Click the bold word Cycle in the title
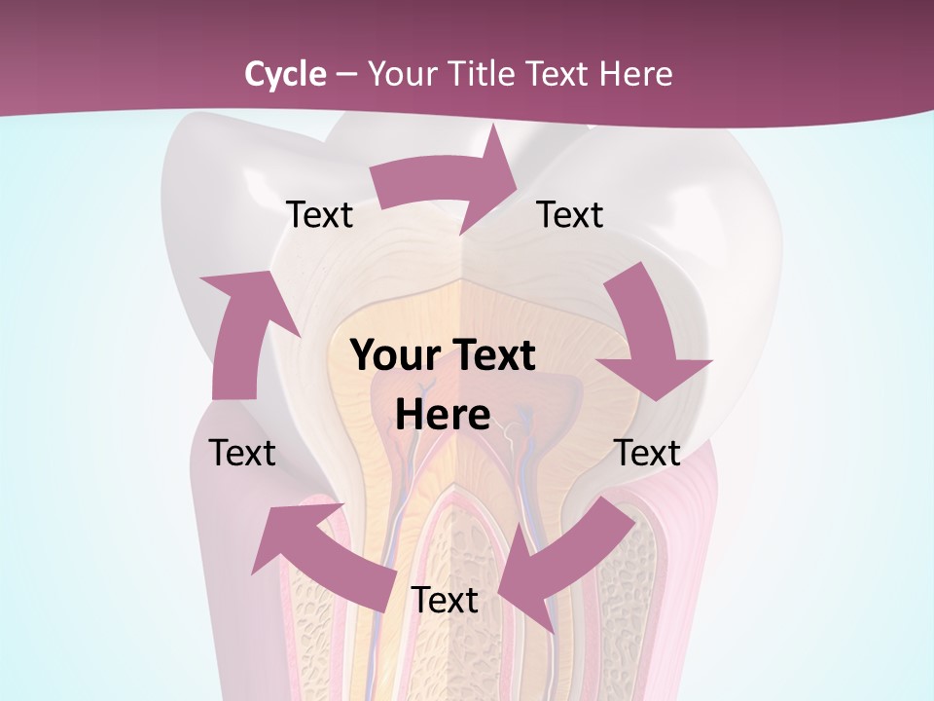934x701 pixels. [x=285, y=74]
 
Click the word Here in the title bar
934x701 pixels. [x=636, y=74]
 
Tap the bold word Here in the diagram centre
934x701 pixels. [x=443, y=415]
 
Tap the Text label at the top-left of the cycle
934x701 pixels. [x=319, y=215]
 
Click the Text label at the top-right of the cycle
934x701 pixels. [x=570, y=215]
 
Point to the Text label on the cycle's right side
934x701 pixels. [x=647, y=453]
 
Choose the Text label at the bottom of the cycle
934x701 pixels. [x=445, y=601]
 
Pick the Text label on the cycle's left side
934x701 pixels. [x=242, y=453]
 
